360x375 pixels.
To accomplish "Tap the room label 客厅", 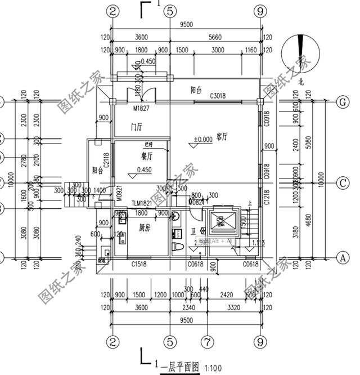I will point(221,136).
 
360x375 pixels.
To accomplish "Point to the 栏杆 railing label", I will point(150,144).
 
